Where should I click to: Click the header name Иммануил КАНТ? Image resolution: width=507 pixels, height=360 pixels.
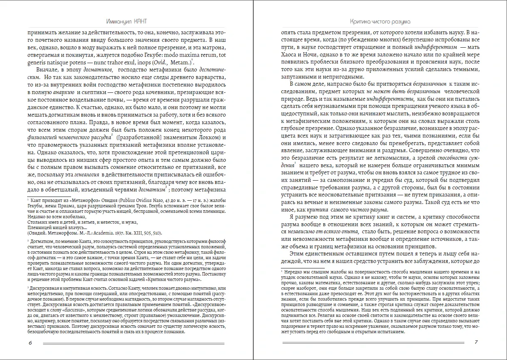[x=126, y=21]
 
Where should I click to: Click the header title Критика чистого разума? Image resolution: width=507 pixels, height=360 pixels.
[x=380, y=21]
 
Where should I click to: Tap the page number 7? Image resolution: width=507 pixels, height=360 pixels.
[x=476, y=342]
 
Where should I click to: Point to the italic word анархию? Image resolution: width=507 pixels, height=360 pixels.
[x=64, y=93]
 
